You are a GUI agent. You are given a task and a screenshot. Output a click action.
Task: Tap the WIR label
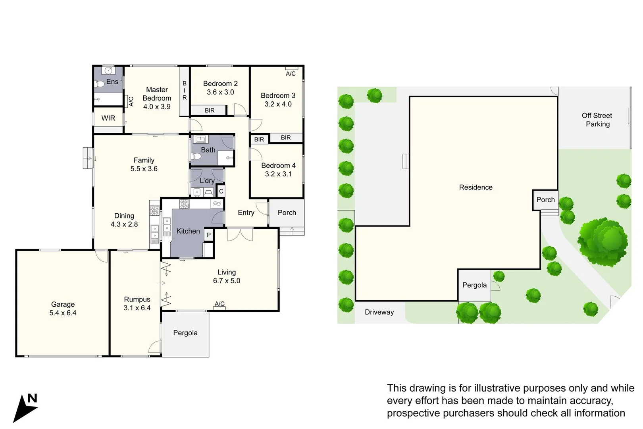click(108, 118)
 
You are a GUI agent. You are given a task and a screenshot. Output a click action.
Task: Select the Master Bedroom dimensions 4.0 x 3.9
click(157, 107)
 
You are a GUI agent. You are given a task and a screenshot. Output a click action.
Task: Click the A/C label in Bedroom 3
click(291, 74)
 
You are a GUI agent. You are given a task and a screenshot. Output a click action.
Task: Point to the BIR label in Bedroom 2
click(210, 110)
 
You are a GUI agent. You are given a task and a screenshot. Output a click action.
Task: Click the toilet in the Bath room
click(196, 157)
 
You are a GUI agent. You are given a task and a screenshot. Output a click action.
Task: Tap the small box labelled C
click(221, 191)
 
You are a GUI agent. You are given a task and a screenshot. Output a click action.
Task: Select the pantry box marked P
click(209, 235)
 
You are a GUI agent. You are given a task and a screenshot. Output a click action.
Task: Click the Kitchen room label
click(188, 231)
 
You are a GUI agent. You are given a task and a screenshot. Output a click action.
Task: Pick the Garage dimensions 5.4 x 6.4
click(63, 313)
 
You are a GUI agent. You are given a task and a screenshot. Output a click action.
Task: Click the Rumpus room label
click(137, 300)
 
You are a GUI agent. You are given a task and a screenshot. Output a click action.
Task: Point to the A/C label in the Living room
click(219, 304)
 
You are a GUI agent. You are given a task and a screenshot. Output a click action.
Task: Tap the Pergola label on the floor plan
click(185, 333)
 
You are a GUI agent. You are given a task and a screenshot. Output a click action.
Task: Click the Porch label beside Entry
click(287, 213)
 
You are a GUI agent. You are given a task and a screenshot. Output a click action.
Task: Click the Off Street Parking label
click(597, 120)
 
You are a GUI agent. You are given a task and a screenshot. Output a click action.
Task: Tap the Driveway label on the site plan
click(379, 312)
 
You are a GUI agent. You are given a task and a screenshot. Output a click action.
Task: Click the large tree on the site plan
click(603, 242)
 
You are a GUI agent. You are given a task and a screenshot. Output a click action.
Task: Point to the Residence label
click(476, 187)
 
